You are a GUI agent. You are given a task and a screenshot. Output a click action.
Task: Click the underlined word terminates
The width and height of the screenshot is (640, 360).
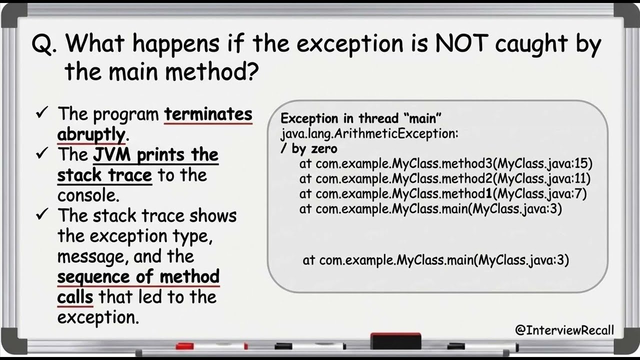208,114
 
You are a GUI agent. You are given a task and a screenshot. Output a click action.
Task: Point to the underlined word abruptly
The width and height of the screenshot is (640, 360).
90,134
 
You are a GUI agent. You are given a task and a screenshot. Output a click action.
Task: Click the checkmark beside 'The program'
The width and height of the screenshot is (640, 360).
41,113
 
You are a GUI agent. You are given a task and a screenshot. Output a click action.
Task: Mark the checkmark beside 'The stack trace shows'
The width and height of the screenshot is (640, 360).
41,215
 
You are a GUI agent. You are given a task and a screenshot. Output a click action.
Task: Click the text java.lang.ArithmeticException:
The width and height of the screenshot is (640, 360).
369,134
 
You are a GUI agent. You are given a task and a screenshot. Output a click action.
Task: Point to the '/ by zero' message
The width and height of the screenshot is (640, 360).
308,148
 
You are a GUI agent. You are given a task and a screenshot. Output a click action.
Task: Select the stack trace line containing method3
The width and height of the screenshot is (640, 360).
445,163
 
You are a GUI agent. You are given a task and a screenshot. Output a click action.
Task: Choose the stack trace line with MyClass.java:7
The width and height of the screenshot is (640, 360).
442,193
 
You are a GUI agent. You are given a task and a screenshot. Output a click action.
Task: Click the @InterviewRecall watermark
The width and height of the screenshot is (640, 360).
564,330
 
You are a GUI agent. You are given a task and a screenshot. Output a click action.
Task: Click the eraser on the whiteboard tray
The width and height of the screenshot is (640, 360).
394,341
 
